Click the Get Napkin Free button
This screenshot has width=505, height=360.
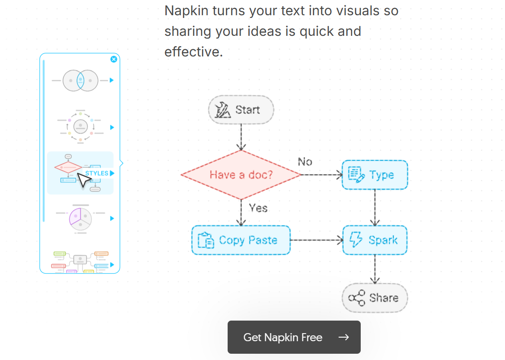(294, 337)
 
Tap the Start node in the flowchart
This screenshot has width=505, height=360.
(241, 110)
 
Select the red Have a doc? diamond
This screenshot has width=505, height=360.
(241, 175)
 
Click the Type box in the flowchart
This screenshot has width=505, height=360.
(375, 175)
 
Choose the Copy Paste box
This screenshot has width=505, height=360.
(241, 240)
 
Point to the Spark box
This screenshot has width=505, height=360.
(375, 240)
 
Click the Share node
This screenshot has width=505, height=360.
(375, 298)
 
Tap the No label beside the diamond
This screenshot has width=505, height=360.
(305, 162)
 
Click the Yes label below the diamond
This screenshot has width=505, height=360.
(258, 208)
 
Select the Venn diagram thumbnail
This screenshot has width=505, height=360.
(80, 81)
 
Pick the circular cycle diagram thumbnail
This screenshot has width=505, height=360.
(80, 127)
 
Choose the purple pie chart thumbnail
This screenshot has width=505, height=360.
(80, 218)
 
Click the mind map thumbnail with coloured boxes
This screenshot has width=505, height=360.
(80, 261)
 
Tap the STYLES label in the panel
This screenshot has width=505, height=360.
(97, 173)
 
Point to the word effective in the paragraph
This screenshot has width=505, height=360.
(193, 52)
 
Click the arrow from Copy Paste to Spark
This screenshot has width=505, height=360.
(316, 240)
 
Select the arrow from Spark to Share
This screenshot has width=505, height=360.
(375, 269)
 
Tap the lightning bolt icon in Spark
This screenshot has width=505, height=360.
(356, 240)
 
